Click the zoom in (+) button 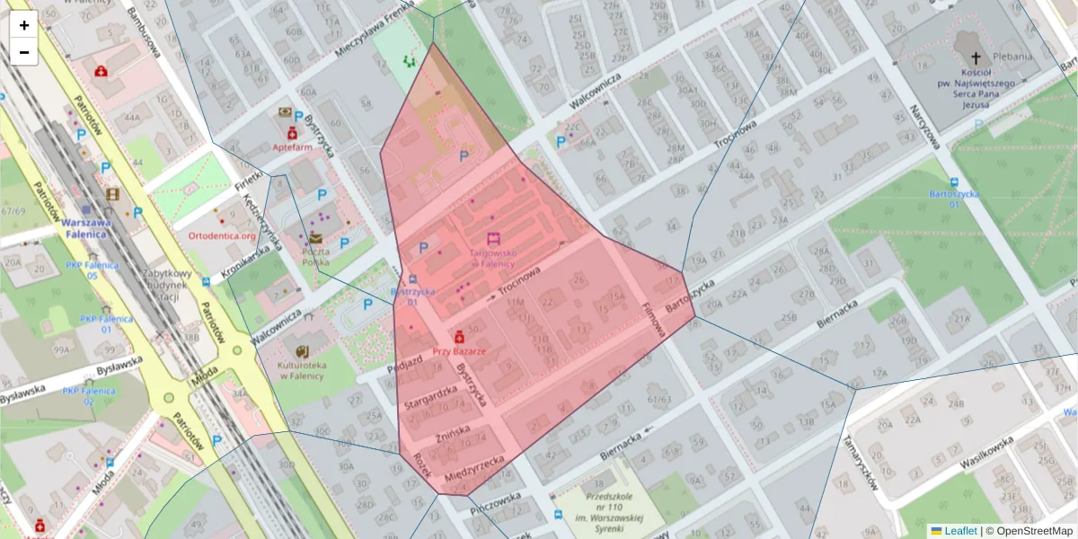coord(24,25)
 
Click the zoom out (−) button coord(24,52)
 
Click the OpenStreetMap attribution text coord(1032,531)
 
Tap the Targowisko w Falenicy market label coord(491,258)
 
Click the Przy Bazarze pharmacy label coord(459,351)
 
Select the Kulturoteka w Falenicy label coord(301,370)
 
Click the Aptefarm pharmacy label coord(292,146)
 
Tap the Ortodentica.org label coord(222,236)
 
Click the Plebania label coord(1032,56)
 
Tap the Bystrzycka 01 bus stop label coord(413,296)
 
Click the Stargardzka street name coord(430,397)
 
